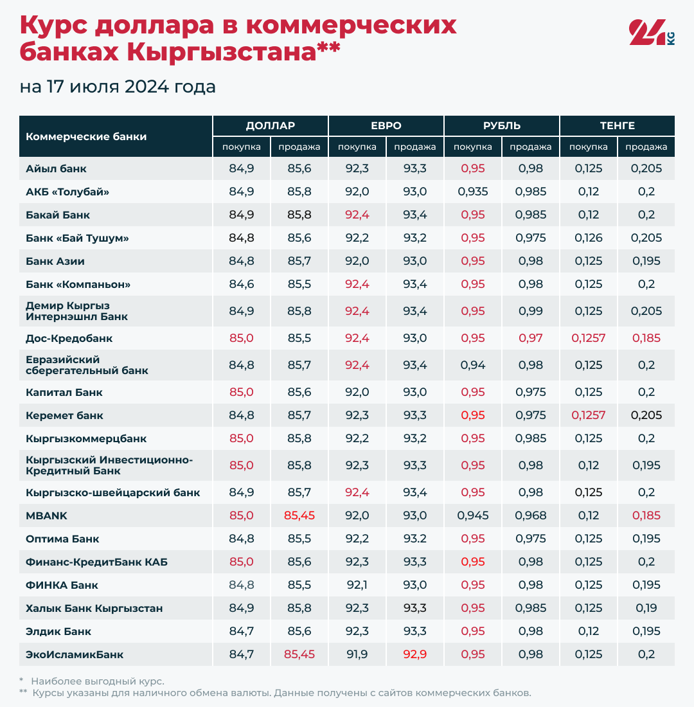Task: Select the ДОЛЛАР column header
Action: [270, 125]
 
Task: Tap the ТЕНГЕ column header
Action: [617, 125]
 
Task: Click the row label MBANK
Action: [46, 515]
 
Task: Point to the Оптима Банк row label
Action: [62, 539]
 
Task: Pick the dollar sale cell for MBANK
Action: [299, 515]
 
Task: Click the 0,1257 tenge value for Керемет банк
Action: [588, 415]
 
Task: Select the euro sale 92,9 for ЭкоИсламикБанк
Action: [415, 654]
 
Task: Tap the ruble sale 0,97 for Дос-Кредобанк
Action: [531, 338]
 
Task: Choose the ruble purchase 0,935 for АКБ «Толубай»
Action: [473, 192]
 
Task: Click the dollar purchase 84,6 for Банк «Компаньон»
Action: [242, 284]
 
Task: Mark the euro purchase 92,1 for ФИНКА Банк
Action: [357, 585]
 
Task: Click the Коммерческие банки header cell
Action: [86, 136]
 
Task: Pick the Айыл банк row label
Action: [56, 168]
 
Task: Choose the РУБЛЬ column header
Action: [502, 125]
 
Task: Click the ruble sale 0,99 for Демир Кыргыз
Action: [531, 311]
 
